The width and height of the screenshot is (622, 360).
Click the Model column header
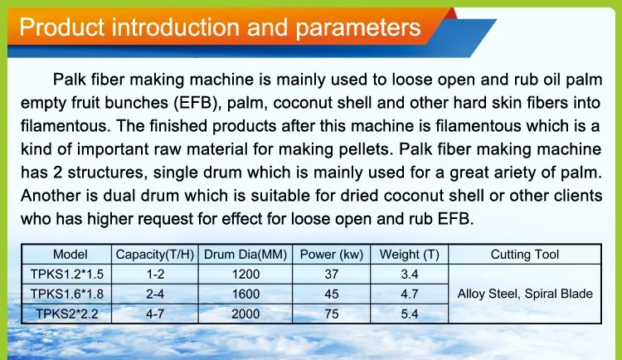(70, 255)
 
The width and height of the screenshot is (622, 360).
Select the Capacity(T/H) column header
(155, 255)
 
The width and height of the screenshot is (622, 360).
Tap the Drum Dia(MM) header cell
(245, 255)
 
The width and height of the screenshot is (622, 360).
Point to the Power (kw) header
(332, 255)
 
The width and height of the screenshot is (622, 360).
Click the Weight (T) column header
(410, 255)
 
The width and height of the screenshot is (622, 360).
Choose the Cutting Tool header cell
(525, 255)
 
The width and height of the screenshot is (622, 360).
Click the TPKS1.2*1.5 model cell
(67, 275)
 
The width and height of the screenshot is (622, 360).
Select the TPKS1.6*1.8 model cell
(67, 294)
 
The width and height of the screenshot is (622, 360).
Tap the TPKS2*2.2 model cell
(67, 314)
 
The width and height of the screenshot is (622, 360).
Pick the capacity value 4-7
(155, 314)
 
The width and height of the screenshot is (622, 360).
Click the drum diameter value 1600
(245, 294)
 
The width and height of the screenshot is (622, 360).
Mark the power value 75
(332, 314)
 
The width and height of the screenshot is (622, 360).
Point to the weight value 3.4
(410, 275)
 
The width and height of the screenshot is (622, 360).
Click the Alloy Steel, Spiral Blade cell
(525, 294)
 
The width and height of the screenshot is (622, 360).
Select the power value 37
(332, 275)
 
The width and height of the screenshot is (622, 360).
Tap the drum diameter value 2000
(245, 314)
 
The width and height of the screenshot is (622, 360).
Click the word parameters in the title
(357, 28)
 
